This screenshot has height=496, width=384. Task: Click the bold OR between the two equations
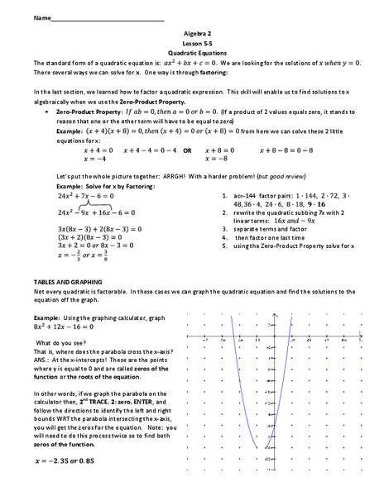click(x=188, y=150)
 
